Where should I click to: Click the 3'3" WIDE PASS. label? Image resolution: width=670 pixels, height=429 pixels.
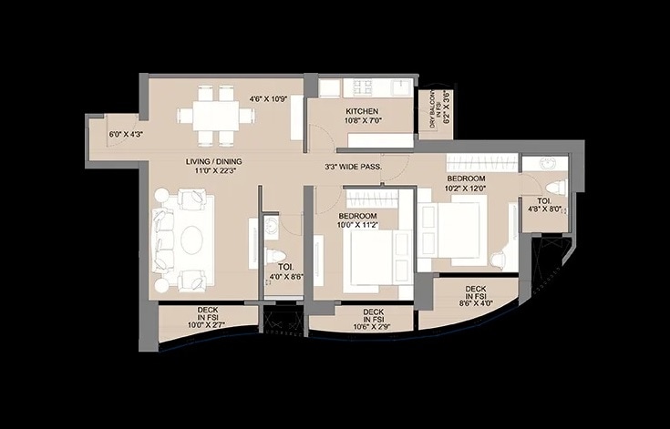tap(353, 168)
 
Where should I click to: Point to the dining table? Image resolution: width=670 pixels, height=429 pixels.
tap(218, 114)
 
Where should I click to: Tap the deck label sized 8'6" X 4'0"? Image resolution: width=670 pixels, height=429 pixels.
tap(475, 295)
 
